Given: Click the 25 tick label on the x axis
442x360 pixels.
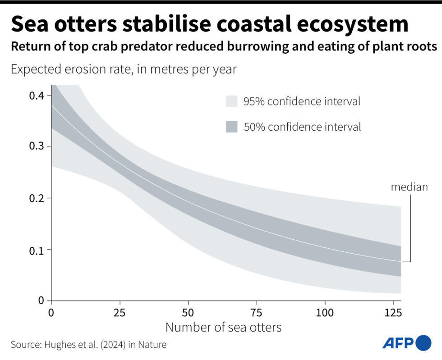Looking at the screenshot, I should click(120, 312).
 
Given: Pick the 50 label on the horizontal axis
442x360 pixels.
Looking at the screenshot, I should click(188, 312).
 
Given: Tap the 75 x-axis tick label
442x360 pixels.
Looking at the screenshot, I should click(257, 312).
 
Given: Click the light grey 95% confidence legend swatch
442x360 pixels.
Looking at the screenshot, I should click(231, 101).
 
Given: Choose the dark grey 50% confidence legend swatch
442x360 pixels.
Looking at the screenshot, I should click(231, 127).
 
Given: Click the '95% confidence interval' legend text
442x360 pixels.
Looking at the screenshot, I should click(302, 101).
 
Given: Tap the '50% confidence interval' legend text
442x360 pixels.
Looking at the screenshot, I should click(302, 127).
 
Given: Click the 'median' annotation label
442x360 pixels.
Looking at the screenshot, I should click(409, 187).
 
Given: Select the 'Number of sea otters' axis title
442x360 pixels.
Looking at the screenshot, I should click(223, 327).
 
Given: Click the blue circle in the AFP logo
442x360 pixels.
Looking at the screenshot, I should click(423, 343).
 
